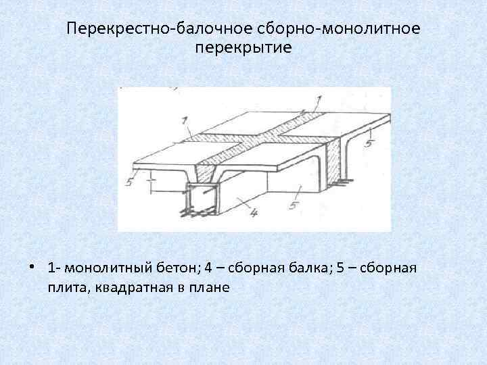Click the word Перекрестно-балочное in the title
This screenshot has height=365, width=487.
click(160, 30)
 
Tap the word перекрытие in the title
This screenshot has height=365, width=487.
click(243, 49)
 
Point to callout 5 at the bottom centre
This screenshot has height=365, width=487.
click(292, 204)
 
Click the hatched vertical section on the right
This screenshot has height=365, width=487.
click(332, 162)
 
